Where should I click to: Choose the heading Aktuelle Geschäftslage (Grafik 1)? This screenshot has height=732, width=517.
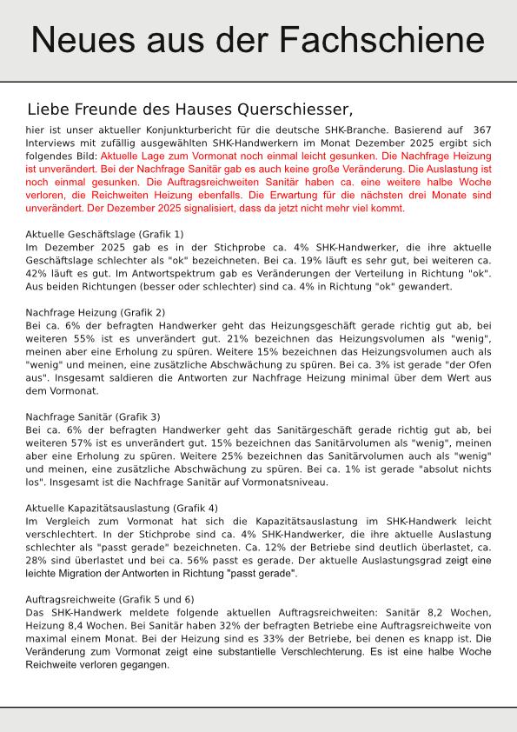coord(104,234)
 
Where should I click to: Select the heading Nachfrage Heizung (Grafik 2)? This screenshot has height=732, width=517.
coord(96,312)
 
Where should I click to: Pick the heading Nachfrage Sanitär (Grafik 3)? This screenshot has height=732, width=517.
coord(93,416)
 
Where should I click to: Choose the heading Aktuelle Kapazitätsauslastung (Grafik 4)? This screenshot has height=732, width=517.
coord(122,508)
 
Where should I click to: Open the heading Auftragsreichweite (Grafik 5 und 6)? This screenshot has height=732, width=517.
coord(110,600)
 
